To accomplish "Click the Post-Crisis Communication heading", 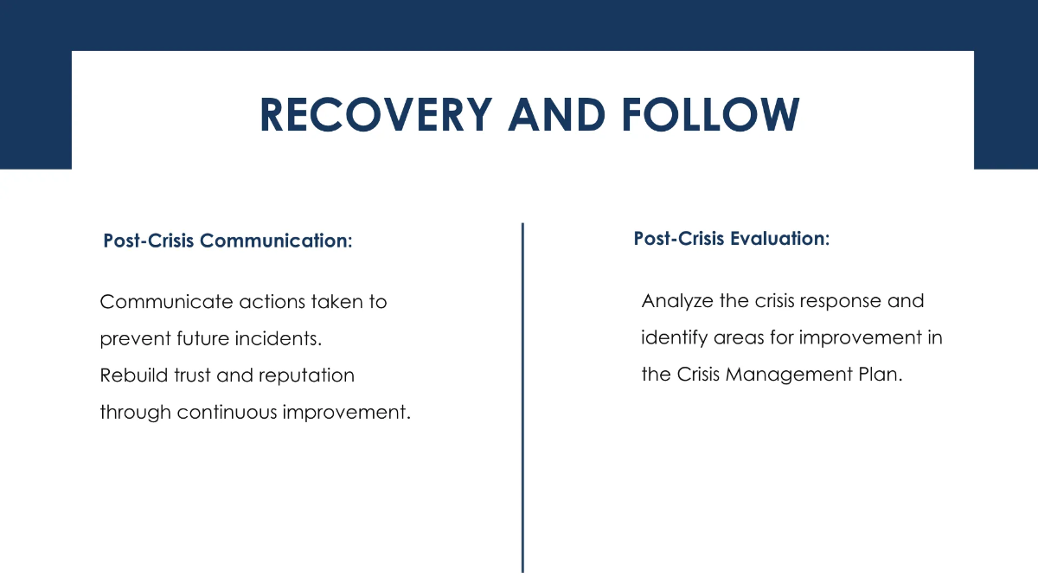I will tap(227, 241).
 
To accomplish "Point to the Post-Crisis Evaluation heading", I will tap(731, 239).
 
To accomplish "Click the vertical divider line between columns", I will tap(522, 398).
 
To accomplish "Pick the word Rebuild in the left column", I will tap(130, 375).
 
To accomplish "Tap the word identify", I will tap(670, 338).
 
